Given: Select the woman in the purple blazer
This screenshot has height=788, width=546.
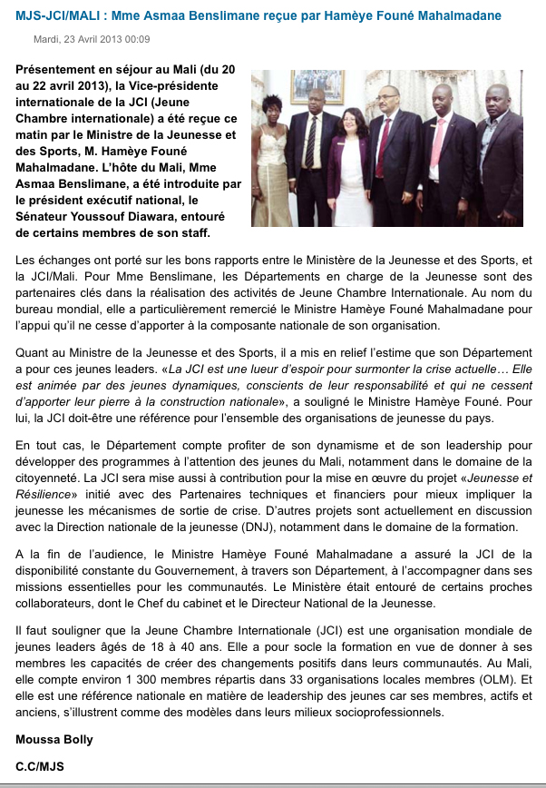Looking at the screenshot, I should click(x=346, y=168).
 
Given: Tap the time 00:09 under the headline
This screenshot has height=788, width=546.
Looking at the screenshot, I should click(x=138, y=39).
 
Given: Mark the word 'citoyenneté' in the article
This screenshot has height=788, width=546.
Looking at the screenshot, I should click(x=51, y=476).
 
